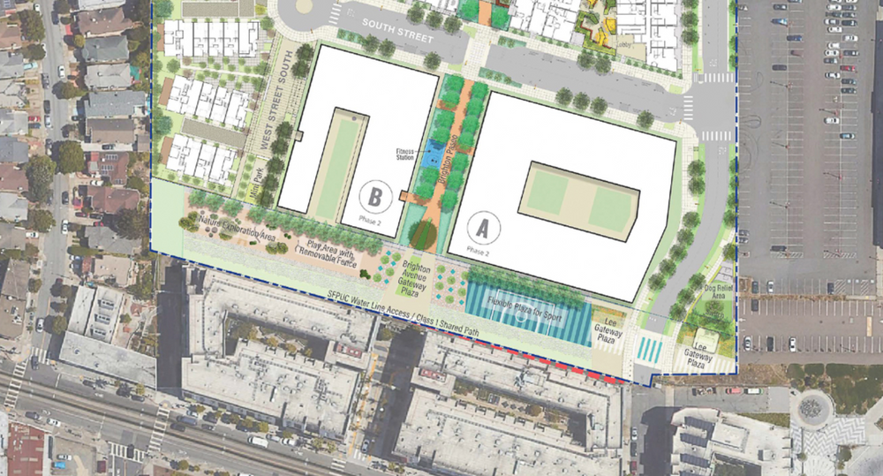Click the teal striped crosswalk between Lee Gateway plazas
click(x=652, y=347)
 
